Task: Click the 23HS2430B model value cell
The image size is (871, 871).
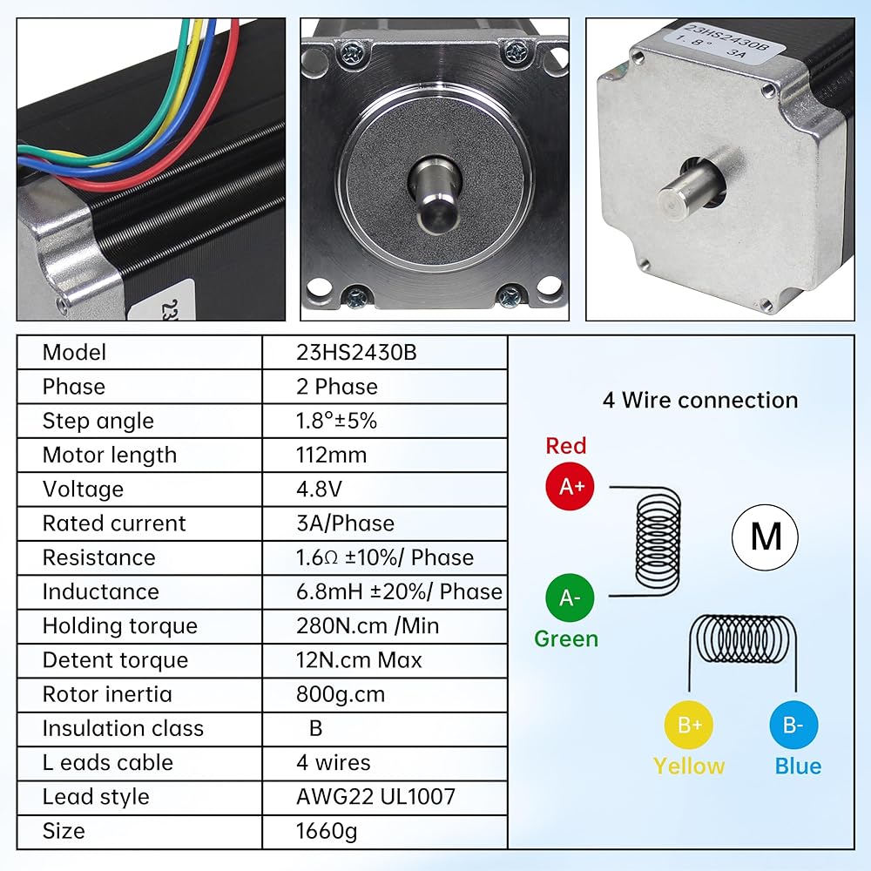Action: pyautogui.click(x=348, y=353)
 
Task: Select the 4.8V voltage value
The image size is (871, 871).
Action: pyautogui.click(x=320, y=490)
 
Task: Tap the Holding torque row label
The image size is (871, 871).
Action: pyautogui.click(x=120, y=626)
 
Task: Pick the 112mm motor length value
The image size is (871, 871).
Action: pyautogui.click(x=331, y=456)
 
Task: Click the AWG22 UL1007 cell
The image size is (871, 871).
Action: pyautogui.click(x=375, y=797)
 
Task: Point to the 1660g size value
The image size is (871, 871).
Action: pyautogui.click(x=327, y=831)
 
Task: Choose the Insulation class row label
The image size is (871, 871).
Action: pyautogui.click(x=123, y=728)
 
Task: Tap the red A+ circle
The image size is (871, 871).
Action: pyautogui.click(x=570, y=488)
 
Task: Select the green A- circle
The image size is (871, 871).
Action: pyautogui.click(x=570, y=598)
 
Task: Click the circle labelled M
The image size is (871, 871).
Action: pyautogui.click(x=765, y=537)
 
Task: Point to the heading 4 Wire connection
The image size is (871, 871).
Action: pyautogui.click(x=700, y=401)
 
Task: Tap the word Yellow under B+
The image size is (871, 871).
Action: pyautogui.click(x=689, y=766)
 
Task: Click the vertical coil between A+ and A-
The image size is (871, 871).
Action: pyautogui.click(x=658, y=541)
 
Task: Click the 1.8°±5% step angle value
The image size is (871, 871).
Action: pyautogui.click(x=336, y=422)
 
